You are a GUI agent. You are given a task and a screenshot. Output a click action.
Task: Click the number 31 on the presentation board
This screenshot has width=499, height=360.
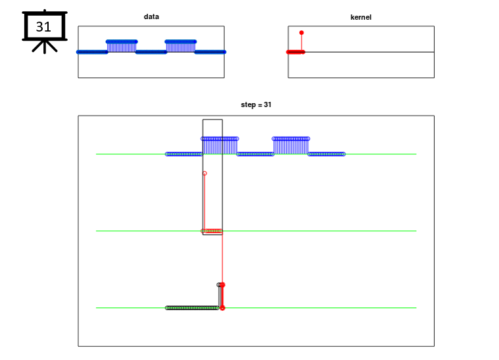point(43,27)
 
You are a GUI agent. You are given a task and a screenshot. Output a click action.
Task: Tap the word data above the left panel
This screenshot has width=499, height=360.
point(151,16)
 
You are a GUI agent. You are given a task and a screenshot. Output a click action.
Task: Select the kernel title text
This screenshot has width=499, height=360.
point(361,17)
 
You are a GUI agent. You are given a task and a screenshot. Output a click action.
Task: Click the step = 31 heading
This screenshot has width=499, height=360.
point(256,104)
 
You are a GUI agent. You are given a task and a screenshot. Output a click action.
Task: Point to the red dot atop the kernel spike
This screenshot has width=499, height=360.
point(301,33)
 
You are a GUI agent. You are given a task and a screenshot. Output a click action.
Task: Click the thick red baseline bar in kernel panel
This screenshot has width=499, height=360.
point(296,52)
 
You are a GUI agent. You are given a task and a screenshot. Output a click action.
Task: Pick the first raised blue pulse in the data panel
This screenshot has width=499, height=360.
point(122,46)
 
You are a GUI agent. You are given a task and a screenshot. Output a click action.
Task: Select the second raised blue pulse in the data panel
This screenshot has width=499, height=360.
point(180,46)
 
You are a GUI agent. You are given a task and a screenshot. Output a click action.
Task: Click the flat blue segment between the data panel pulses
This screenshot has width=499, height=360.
point(151,52)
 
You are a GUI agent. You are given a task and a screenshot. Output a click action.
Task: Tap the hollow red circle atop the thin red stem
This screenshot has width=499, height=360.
point(204,173)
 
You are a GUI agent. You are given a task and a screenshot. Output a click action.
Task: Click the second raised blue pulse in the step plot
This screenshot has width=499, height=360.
point(291,146)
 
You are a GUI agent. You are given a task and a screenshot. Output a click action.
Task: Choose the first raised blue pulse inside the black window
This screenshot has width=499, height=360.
point(220,146)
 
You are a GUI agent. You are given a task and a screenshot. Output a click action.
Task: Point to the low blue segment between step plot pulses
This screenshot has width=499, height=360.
point(255,154)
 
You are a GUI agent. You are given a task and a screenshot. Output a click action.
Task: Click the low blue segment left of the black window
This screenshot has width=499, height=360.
point(184,154)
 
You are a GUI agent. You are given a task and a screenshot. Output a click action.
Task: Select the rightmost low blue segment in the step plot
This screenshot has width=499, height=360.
point(327,154)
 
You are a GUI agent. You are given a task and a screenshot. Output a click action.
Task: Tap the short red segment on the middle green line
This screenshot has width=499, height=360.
point(213,231)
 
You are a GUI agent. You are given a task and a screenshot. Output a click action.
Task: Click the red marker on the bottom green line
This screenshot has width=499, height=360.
point(222,308)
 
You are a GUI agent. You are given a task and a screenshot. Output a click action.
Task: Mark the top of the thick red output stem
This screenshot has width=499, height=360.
point(222,284)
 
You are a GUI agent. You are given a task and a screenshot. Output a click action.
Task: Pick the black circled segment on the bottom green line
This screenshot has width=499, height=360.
point(192,308)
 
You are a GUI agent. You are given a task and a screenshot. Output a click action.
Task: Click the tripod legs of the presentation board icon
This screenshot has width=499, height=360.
point(45,47)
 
